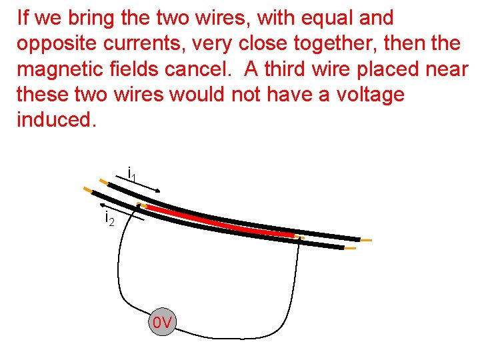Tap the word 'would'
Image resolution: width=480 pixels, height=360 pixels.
[197, 95]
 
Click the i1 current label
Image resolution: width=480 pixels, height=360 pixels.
[132, 175]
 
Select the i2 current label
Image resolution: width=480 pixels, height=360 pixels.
[109, 217]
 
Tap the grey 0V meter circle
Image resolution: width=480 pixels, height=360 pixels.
[162, 323]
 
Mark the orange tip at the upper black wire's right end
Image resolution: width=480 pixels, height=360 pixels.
[365, 239]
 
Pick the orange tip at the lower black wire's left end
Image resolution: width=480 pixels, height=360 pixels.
[87, 190]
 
